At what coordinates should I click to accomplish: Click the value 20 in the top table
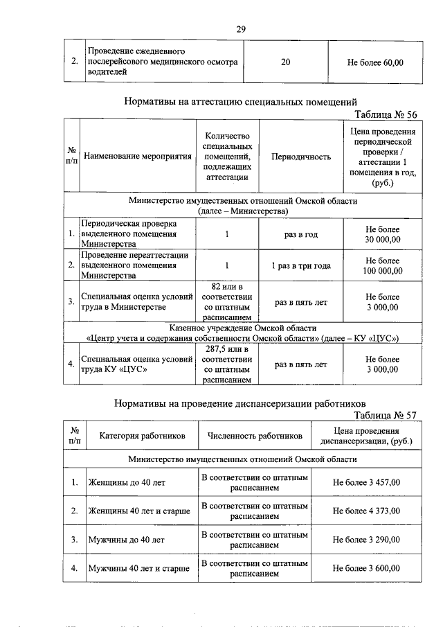point(286,62)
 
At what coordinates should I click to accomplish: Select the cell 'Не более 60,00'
point(374,62)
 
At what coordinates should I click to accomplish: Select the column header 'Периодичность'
point(300,157)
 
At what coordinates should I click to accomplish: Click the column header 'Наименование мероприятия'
point(137,157)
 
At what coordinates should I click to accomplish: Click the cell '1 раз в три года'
point(300,265)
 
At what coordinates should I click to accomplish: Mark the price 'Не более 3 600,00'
point(366,568)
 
